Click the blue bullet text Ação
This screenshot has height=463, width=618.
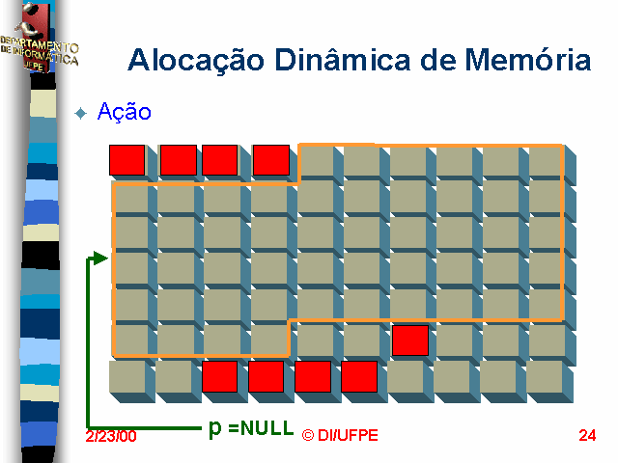point(125,112)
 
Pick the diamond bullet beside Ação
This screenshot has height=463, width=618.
point(81,113)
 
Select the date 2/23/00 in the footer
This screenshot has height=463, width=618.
point(110,436)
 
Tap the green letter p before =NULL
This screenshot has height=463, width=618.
point(215,428)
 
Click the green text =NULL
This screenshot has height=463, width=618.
point(261,428)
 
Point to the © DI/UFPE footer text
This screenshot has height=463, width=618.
point(340,435)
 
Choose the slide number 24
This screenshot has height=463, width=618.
point(587,435)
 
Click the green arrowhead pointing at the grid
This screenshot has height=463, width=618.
point(99,258)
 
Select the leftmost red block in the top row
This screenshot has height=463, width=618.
point(126,160)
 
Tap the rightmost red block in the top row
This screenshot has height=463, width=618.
point(271,160)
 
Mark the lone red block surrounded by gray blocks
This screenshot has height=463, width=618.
point(410,340)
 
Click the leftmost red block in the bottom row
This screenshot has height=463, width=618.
point(219,376)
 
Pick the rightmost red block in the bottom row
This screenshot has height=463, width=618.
point(358,376)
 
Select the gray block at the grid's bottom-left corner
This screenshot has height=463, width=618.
point(126,377)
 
